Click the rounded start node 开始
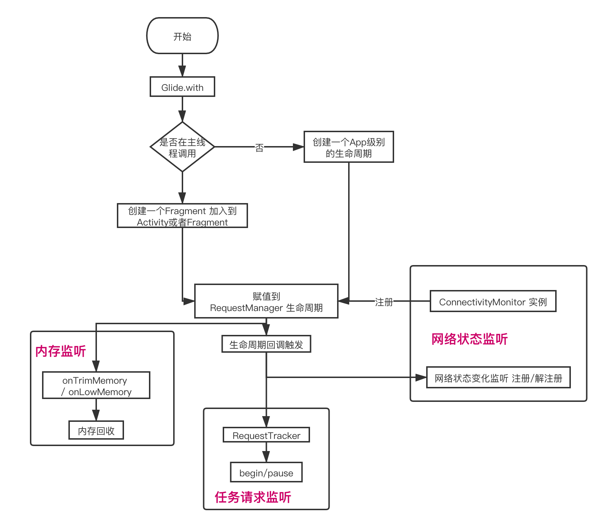(182, 36)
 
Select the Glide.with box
(182, 87)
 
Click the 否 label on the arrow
(259, 147)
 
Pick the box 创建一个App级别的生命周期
(349, 147)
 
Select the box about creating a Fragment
(182, 216)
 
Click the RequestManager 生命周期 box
(266, 301)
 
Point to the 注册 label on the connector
(384, 302)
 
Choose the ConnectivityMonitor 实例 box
(493, 301)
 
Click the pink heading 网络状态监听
(469, 339)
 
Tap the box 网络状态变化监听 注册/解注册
(498, 378)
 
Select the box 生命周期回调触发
(266, 344)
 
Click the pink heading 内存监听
(61, 351)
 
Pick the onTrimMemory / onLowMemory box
(96, 385)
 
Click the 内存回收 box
(96, 430)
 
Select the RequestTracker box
(266, 435)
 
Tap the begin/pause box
(266, 472)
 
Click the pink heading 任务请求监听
(253, 497)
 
